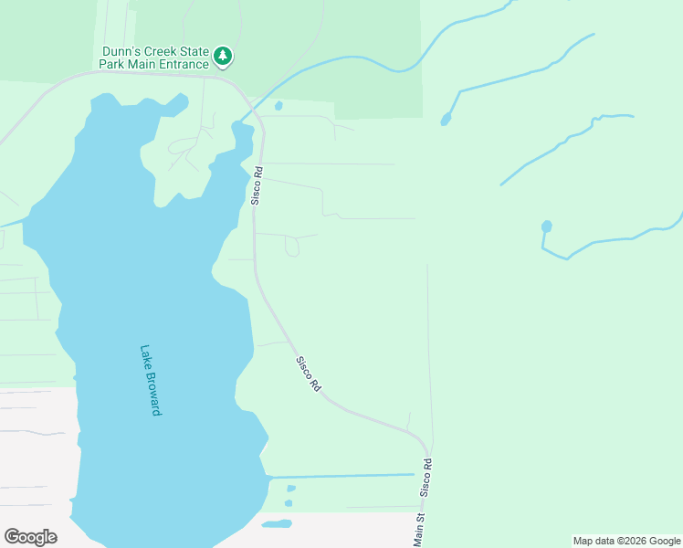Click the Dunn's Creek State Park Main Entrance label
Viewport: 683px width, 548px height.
coord(153,58)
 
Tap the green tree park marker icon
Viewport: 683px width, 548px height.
coord(223,58)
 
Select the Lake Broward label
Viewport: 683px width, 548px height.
coord(150,380)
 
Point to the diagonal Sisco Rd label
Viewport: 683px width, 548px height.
coord(309,374)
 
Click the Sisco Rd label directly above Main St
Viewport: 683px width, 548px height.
coord(426,479)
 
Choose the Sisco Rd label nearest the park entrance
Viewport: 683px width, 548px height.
coord(258,184)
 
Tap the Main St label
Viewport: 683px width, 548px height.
coord(420,530)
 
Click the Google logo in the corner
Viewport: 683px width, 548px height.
coord(30,536)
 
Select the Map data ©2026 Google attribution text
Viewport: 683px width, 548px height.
coord(626,541)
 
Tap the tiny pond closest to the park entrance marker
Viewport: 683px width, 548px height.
coord(278,105)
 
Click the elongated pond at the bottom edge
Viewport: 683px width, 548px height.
coord(277,524)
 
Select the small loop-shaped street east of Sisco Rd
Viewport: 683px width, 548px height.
coord(291,246)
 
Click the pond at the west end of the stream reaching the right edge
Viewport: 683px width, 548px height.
coord(546,227)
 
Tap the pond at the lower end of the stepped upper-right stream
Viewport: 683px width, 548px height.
coord(446,119)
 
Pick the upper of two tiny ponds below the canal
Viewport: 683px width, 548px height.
coord(291,489)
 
